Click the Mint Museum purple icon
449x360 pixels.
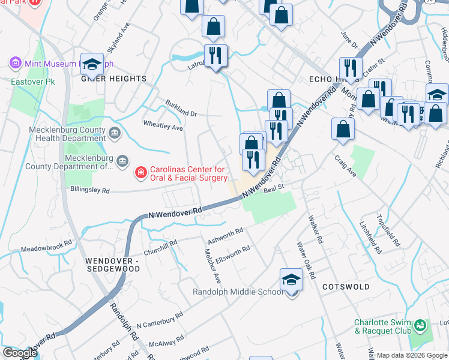(x=15, y=62)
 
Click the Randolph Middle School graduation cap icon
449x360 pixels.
(x=291, y=280)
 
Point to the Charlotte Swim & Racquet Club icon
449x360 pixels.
(x=420, y=326)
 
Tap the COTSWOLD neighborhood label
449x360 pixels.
(x=346, y=287)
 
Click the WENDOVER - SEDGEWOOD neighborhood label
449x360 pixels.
(x=112, y=265)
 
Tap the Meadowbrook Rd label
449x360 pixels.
(x=46, y=248)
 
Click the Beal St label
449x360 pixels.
(x=273, y=188)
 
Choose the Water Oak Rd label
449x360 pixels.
(x=306, y=260)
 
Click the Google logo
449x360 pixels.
(x=19, y=353)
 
